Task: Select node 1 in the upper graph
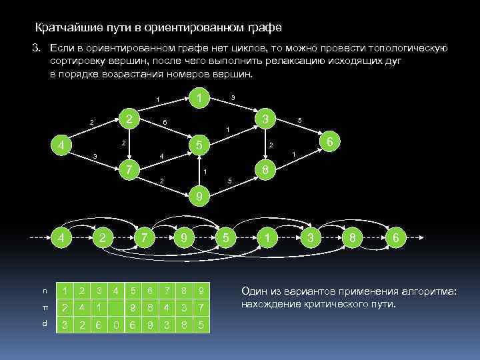click(197, 97)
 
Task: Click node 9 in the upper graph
click(197, 197)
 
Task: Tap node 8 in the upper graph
click(265, 171)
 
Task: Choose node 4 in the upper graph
click(61, 145)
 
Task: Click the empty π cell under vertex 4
click(117, 309)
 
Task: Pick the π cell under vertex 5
click(133, 309)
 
